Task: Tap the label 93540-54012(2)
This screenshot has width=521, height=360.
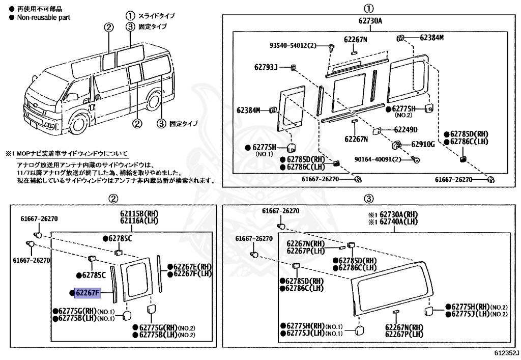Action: tap(293, 46)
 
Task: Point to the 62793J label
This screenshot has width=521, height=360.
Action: tap(266, 67)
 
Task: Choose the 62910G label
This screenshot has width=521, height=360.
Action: tap(423, 145)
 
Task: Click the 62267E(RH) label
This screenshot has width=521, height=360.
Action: tap(192, 266)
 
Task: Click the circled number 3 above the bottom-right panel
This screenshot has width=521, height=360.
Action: tap(369, 199)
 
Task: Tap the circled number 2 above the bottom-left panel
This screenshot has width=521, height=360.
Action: tap(114, 199)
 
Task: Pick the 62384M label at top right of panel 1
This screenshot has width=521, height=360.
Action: tap(431, 38)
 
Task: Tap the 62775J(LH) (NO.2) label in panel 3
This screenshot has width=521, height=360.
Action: tap(476, 314)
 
